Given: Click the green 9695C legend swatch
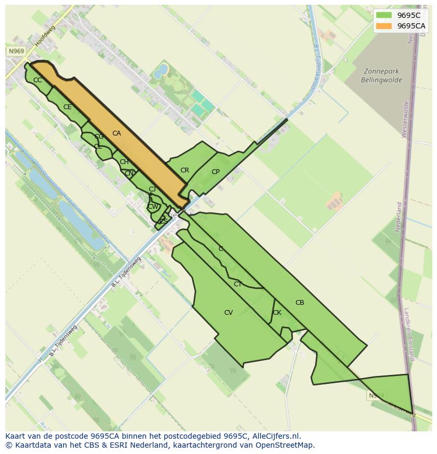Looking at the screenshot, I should [x=384, y=15].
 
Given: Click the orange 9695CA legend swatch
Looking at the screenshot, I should [x=384, y=26].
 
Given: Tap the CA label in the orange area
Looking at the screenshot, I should [x=117, y=133].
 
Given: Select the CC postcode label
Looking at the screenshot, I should [x=37, y=80].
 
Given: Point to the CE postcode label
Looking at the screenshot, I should [x=68, y=107].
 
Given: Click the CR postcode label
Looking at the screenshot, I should [x=185, y=170].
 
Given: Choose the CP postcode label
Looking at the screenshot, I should [x=215, y=172].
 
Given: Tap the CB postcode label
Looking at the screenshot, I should [x=300, y=303].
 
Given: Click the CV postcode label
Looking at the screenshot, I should [x=229, y=313].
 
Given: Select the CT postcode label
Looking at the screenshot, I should [x=238, y=284].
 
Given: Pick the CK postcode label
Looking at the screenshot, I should [x=277, y=313].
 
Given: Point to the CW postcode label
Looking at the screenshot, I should [x=153, y=207].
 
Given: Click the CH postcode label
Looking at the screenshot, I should [x=124, y=162].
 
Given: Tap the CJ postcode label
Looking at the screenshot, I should [x=152, y=189].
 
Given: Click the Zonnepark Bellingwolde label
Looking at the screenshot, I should [x=382, y=76].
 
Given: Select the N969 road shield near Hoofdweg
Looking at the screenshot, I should [x=16, y=51].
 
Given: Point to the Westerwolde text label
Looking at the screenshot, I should [x=405, y=119].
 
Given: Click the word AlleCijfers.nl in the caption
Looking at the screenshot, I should [x=275, y=436].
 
